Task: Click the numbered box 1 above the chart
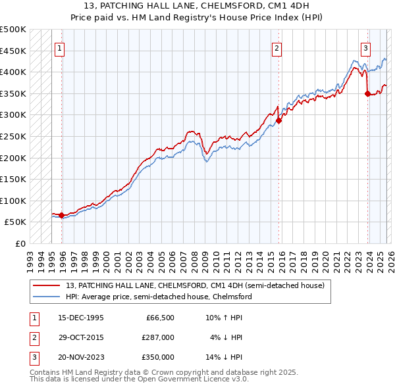click(60, 47)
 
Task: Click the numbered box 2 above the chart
click(276, 47)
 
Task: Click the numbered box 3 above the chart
click(365, 47)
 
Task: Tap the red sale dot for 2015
click(279, 120)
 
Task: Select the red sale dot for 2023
click(367, 93)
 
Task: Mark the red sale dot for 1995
click(62, 215)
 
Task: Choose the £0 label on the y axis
click(20, 243)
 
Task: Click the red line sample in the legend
click(47, 286)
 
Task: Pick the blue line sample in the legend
click(47, 297)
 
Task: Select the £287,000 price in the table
click(159, 337)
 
